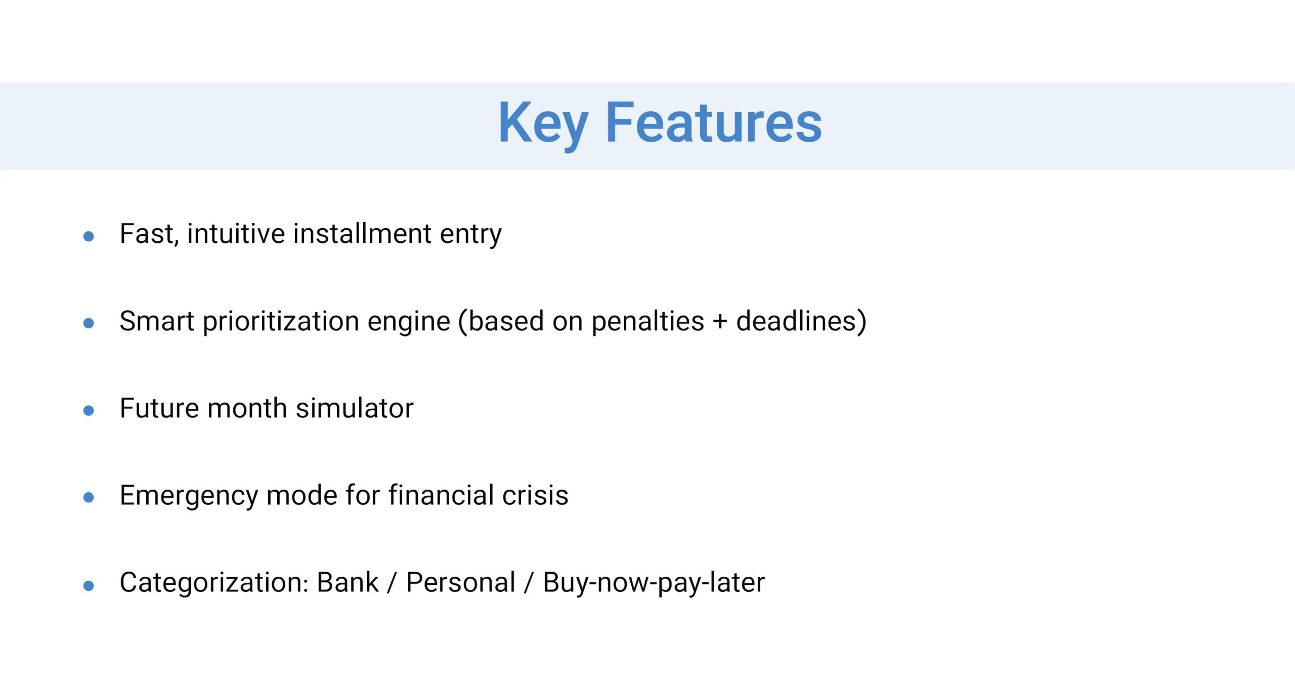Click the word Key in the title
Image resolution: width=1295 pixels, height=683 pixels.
tap(543, 124)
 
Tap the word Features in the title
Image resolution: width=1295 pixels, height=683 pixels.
tap(714, 122)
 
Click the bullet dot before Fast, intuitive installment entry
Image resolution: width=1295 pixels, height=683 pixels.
tap(89, 236)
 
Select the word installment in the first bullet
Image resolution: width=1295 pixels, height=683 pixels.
tap(362, 234)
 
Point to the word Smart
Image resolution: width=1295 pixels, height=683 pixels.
tap(157, 321)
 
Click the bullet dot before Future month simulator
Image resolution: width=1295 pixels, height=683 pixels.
tap(89, 410)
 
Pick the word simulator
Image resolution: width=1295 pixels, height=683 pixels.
tap(355, 408)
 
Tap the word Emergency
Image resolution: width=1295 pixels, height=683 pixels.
tap(189, 496)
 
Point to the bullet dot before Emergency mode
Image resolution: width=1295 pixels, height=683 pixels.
tap(89, 498)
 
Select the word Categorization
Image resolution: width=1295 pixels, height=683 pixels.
tap(214, 582)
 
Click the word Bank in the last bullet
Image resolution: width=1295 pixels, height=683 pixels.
tap(348, 582)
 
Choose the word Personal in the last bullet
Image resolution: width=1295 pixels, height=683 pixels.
tap(460, 582)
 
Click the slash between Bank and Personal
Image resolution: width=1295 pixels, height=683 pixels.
tap(392, 583)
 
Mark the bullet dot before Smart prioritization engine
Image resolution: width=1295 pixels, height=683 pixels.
tap(89, 323)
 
